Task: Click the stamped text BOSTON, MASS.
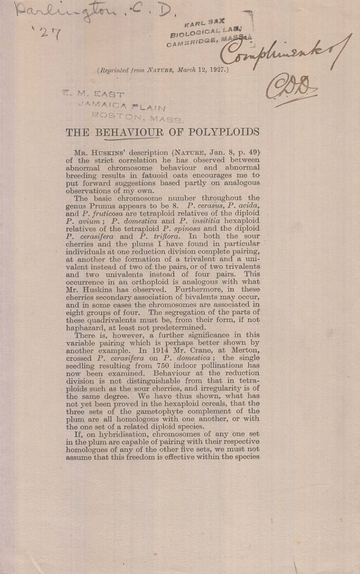click(137, 117)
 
